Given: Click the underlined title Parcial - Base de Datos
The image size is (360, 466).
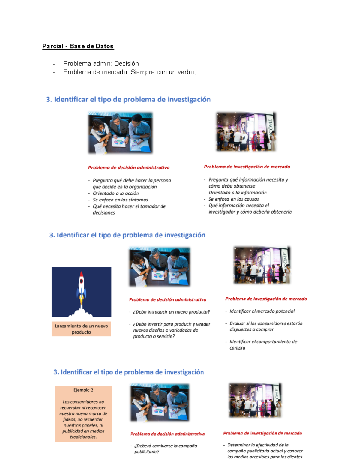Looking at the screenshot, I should tap(78, 46).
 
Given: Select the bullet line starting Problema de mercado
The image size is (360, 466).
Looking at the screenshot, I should tap(129, 72).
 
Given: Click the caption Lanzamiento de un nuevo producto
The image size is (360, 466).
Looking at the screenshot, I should tap(81, 329).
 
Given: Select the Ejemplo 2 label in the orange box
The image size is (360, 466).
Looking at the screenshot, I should tap(83, 390).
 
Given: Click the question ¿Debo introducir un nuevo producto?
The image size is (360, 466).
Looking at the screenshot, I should tap(171, 312).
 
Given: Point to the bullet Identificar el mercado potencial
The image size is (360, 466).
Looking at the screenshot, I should tap(262, 311).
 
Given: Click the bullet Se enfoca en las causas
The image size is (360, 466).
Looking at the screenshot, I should tap(234, 199).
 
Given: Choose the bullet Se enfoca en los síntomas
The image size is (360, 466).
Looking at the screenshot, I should tap(120, 200).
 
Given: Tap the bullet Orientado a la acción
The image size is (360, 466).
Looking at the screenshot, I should tap(115, 193).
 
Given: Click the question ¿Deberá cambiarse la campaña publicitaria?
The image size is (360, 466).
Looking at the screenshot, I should tap(165, 449).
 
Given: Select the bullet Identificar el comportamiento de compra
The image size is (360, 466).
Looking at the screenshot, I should tap(263, 345).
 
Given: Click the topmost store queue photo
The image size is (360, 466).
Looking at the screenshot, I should tap(246, 132).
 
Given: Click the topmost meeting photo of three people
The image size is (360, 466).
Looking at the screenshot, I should tap(120, 133).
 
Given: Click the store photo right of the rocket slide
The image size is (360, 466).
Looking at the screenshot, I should tap(262, 265).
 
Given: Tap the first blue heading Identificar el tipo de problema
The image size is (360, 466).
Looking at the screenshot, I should tap(128, 100).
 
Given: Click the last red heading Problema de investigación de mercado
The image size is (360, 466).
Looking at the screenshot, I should tap(262, 433).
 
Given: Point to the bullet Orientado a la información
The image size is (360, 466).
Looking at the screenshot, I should tap(237, 193).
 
